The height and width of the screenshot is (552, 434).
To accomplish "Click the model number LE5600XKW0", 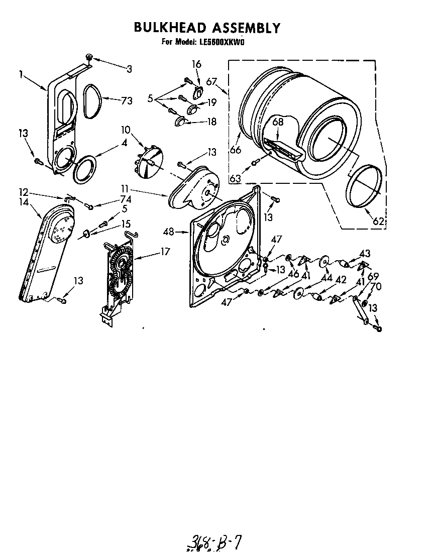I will click(x=220, y=42).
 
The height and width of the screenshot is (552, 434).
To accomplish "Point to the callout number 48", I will click(x=170, y=232).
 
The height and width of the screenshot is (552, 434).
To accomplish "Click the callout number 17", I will click(x=165, y=252).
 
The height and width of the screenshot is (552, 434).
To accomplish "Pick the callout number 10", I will click(x=126, y=131).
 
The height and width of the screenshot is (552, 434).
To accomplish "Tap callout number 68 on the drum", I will click(x=278, y=122).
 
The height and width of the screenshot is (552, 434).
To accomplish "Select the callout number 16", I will click(x=196, y=64).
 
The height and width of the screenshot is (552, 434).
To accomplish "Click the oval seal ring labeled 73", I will click(x=91, y=101).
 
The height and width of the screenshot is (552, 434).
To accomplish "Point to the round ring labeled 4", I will click(x=84, y=170).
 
